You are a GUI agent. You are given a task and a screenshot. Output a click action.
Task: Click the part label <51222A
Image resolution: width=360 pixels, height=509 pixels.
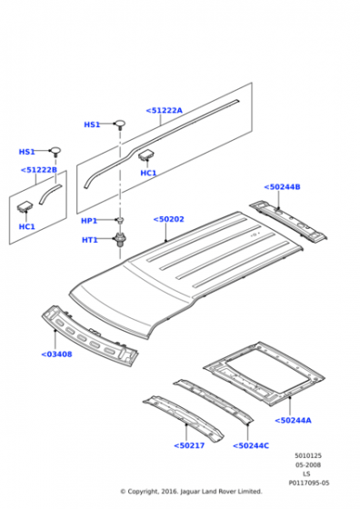point(165,110)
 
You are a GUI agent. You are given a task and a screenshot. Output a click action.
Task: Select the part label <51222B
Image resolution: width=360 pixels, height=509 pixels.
point(38,170)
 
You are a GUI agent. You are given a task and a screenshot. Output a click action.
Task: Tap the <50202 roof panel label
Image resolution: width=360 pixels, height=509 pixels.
point(168,219)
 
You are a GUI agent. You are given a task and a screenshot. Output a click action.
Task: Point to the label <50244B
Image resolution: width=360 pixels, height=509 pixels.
point(282,187)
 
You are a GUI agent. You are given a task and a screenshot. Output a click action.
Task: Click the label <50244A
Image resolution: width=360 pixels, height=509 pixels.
point(293,420)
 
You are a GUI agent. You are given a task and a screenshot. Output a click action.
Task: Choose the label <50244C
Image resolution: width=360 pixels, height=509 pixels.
point(251,445)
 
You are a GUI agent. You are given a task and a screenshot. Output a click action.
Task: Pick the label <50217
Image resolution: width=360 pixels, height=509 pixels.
point(189,445)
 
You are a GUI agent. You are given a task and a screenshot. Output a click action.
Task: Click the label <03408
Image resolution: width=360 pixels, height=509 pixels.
point(56,354)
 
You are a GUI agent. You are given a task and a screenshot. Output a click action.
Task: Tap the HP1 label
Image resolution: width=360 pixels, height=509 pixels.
point(89,221)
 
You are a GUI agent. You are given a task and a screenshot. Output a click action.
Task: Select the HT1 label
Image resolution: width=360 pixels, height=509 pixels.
point(90,240)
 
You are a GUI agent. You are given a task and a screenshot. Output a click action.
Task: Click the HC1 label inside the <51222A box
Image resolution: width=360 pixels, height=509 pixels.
point(148,173)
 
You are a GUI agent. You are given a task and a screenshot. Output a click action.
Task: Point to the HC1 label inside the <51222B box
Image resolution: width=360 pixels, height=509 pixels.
point(26,226)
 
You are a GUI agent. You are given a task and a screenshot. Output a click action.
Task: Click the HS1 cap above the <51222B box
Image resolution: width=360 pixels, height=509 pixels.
point(55,151)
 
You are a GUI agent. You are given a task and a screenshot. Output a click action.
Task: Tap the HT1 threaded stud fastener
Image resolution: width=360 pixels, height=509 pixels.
point(120,240)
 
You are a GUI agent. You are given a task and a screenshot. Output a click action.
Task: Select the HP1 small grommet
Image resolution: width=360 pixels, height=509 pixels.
point(120,220)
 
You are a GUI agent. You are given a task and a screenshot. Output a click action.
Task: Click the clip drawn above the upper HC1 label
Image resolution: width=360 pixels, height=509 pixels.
point(146,155)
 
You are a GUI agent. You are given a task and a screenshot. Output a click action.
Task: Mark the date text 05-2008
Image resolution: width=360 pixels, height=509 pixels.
point(308,464)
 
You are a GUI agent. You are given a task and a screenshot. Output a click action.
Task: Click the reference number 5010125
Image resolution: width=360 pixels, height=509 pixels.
point(308,455)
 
